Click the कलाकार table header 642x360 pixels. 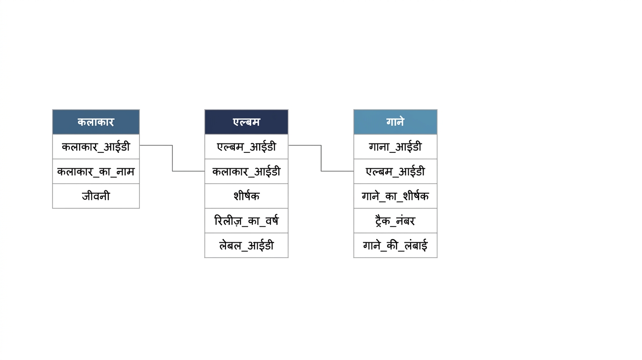96,122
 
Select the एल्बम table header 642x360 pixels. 246,122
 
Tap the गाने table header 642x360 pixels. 395,122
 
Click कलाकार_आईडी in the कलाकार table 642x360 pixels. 96,147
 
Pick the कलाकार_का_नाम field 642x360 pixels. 96,172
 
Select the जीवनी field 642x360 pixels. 96,196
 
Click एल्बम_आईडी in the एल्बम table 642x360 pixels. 246,147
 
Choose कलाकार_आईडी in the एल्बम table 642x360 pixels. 246,172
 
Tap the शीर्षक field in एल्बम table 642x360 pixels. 246,196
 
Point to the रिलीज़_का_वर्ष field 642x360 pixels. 246,221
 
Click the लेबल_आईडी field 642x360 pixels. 246,245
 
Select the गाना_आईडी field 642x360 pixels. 395,147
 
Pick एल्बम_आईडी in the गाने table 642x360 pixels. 395,172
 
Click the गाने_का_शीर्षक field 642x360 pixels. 395,196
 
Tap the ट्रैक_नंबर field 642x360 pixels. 395,221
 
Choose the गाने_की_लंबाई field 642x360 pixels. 395,245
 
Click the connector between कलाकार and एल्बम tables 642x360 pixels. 172,158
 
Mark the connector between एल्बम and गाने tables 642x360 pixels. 321,158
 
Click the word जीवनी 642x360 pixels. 96,196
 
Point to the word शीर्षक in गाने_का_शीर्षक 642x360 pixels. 416,196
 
